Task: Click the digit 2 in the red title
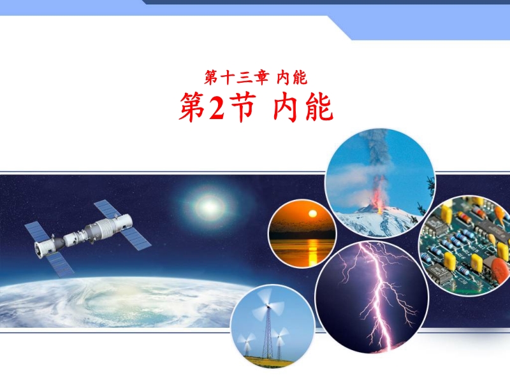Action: pyautogui.click(x=217, y=107)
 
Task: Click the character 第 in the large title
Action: pyautogui.click(x=193, y=107)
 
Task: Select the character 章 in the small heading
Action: pyautogui.click(x=261, y=78)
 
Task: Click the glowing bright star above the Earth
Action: pyautogui.click(x=210, y=206)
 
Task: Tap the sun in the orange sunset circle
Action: pyautogui.click(x=312, y=214)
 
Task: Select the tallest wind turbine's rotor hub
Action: pyautogui.click(x=268, y=306)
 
